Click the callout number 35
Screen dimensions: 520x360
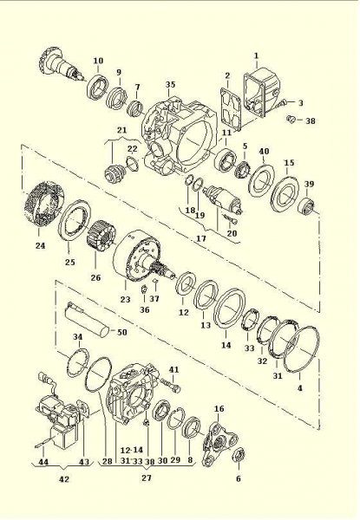(x=170, y=84)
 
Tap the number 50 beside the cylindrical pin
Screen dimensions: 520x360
(x=121, y=333)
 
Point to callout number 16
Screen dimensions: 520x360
(x=219, y=408)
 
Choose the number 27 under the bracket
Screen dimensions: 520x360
(x=146, y=477)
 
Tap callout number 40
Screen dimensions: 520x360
(x=264, y=150)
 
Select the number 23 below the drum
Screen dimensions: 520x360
(x=125, y=299)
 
